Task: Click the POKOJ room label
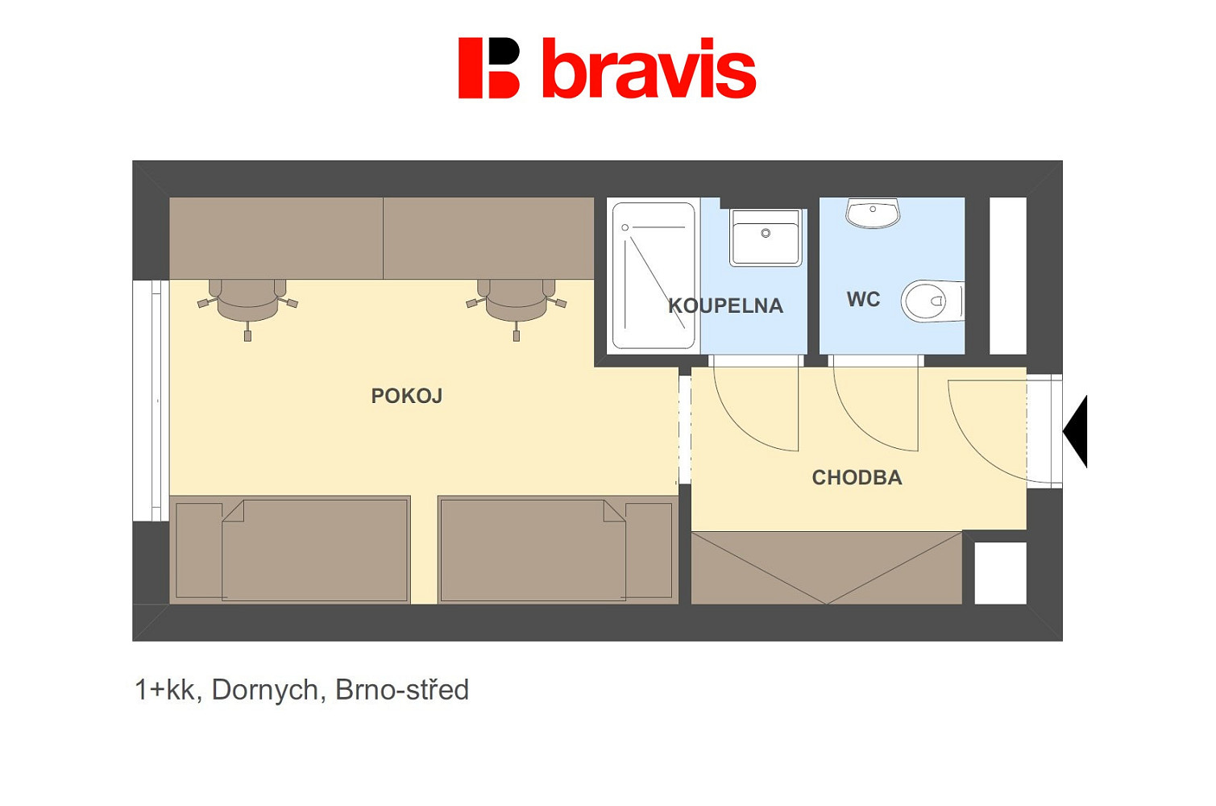(407, 396)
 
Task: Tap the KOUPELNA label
(726, 305)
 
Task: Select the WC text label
(863, 299)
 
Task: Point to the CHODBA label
(857, 477)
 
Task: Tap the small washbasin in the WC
(873, 212)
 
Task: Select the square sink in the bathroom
(766, 237)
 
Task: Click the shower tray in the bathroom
(654, 276)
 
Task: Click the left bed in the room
(290, 550)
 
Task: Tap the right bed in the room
(558, 550)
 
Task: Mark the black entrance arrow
(1076, 431)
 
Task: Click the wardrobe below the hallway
(826, 567)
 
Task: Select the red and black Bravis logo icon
(489, 68)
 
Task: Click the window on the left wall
(151, 401)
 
